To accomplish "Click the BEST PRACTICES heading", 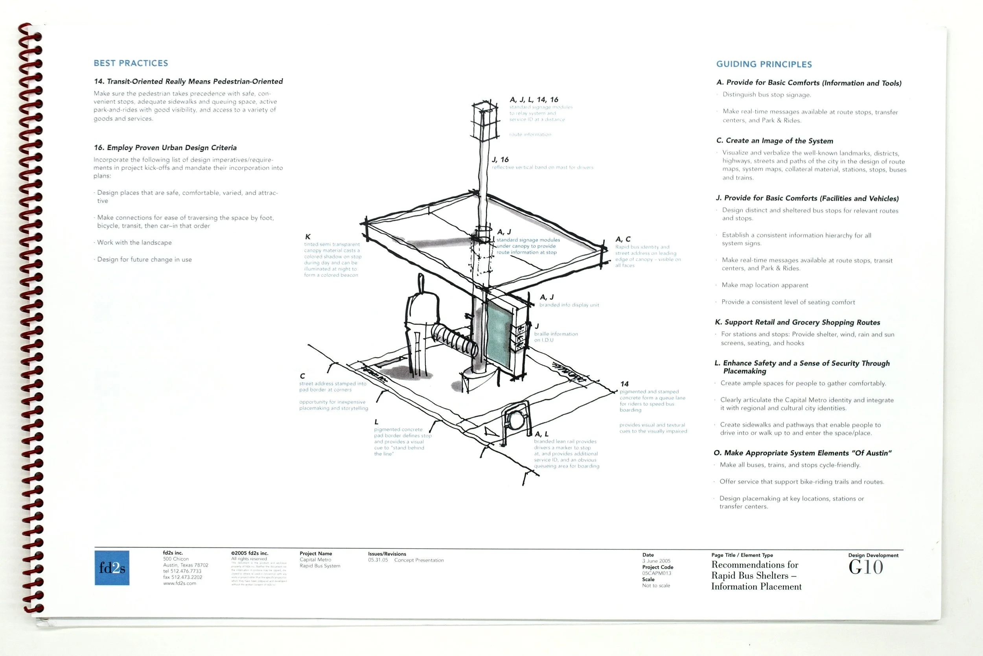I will (131, 63).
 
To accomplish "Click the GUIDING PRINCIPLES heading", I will (764, 64).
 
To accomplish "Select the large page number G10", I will (865, 567).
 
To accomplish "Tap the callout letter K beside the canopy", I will (308, 237).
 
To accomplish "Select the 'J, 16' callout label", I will (500, 159).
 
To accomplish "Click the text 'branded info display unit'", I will (569, 305).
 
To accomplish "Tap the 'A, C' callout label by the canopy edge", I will (623, 239).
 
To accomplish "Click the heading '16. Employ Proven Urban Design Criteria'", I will (165, 148).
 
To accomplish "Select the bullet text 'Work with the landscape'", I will (134, 243).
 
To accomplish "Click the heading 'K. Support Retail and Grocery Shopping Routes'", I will (797, 322).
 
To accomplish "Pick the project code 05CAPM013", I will (656, 573).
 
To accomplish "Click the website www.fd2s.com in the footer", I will (179, 583).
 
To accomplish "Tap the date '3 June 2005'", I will (656, 561).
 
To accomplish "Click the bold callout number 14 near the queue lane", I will (624, 383).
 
